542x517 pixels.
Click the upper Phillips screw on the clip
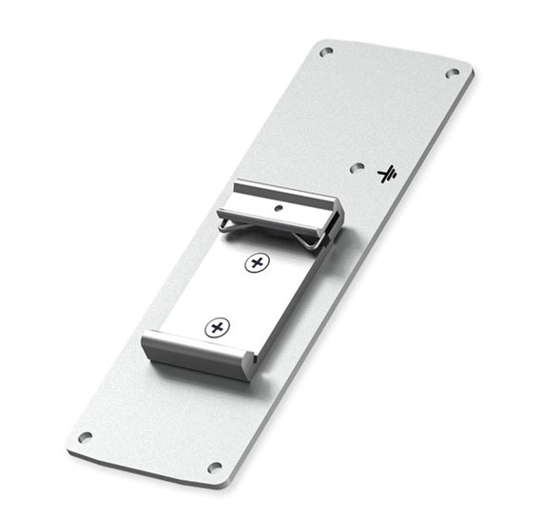click(x=255, y=263)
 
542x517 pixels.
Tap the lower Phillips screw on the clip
click(x=217, y=328)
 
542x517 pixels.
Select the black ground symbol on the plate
click(x=387, y=174)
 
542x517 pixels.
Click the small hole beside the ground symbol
click(x=357, y=166)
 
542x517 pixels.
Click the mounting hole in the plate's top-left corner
click(x=326, y=52)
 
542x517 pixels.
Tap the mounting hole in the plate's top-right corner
click(x=453, y=73)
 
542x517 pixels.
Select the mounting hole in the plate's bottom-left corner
click(x=85, y=438)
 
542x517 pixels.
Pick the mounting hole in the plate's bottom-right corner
click(x=214, y=468)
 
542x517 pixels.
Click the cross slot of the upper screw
click(x=255, y=263)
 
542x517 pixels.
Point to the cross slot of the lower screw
click(x=217, y=328)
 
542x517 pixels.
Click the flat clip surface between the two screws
click(x=238, y=295)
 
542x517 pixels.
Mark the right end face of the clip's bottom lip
click(x=249, y=363)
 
